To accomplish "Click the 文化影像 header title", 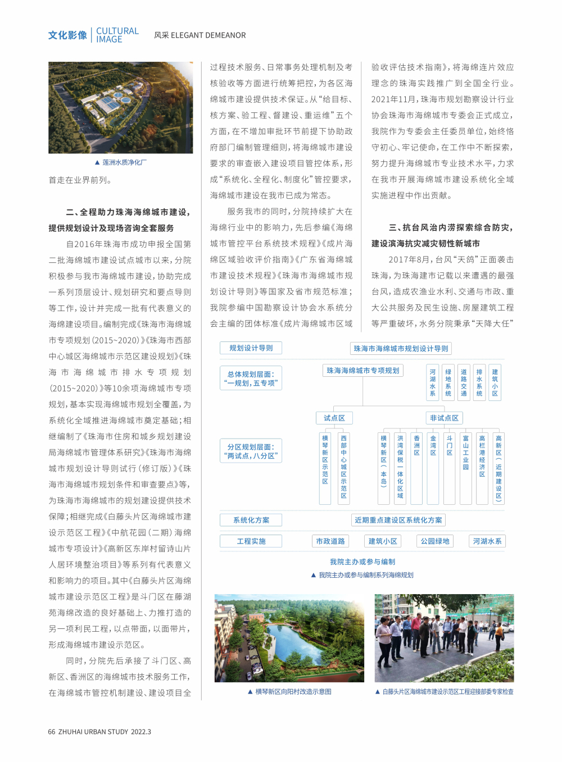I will tap(67, 35).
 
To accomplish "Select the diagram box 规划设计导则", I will tap(251, 348).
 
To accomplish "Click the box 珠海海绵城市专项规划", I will tap(363, 371).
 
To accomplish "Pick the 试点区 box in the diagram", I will tap(334, 418).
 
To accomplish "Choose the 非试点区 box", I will tap(444, 418).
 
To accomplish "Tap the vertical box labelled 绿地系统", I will tap(448, 382).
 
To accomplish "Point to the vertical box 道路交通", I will tap(464, 382).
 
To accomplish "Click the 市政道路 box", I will tap(330, 541).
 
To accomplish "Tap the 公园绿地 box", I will tap(435, 541).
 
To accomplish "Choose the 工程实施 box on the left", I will tap(251, 541).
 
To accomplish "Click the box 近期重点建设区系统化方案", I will tap(398, 520).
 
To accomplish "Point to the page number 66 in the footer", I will tap(52, 732).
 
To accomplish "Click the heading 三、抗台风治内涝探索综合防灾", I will tap(451, 227).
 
